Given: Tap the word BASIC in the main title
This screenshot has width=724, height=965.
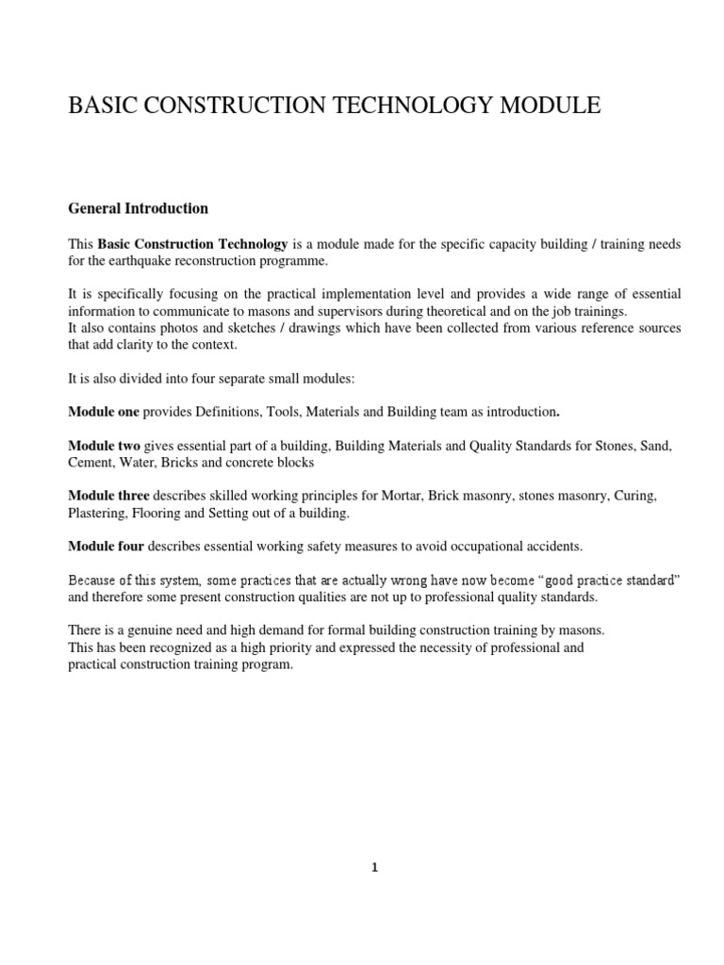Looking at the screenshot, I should point(99,106).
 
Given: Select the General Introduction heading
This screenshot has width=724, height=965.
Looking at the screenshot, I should point(139,208).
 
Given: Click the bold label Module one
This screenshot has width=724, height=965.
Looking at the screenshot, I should point(104,412).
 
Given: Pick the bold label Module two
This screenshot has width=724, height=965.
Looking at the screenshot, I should point(104,445).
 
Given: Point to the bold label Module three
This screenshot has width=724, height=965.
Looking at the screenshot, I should point(107,496).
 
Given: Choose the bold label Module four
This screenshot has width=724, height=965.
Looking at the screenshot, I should point(106,546).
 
